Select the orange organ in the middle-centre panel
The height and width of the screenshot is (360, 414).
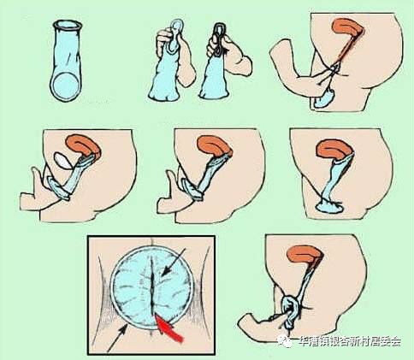pos(220,146)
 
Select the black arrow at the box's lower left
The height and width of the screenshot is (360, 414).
pos(113,345)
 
